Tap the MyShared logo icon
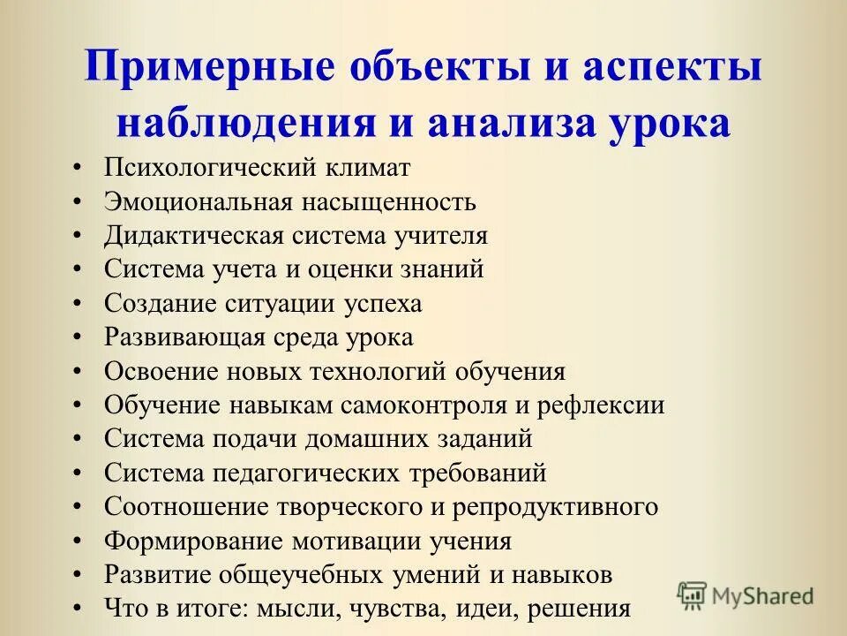(x=692, y=595)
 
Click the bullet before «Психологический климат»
(x=79, y=168)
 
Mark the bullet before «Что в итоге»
(x=79, y=609)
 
